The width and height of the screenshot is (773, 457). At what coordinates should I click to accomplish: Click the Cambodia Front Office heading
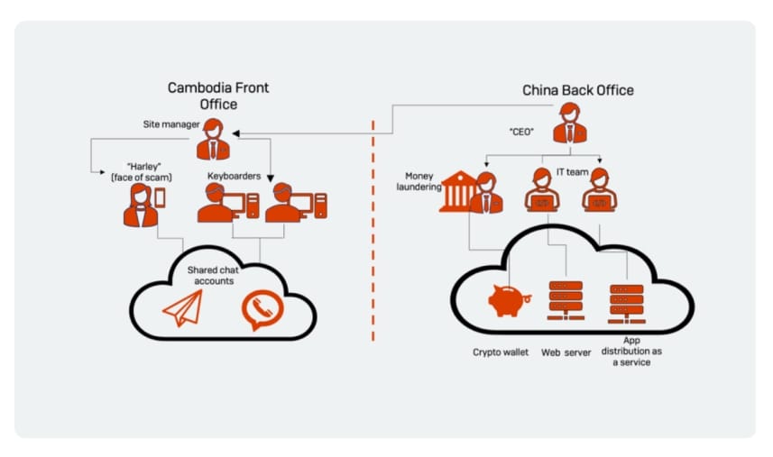[x=217, y=96]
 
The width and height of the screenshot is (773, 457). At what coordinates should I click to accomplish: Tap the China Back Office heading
[x=577, y=90]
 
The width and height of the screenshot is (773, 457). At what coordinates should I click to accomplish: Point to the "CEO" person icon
[x=569, y=123]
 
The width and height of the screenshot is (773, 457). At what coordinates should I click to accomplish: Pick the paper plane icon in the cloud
[x=181, y=308]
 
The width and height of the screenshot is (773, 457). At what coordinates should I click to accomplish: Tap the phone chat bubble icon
[x=262, y=308]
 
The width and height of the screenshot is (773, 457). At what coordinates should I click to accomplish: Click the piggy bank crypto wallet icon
[x=505, y=299]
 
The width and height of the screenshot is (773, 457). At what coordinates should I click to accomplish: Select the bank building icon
[x=456, y=192]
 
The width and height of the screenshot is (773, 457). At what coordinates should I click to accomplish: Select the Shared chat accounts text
[x=210, y=275]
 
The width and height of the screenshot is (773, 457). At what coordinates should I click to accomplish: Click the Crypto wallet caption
[x=501, y=352]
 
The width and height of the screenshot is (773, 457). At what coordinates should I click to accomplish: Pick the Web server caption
[x=566, y=352]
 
